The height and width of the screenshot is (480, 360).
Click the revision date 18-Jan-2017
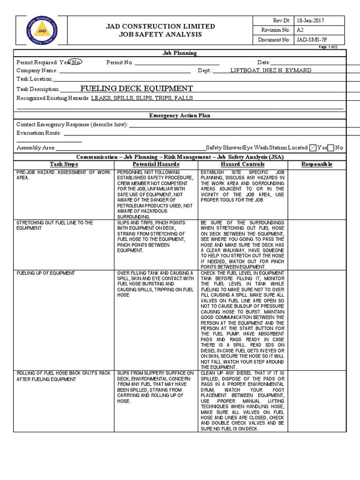coord(310,21)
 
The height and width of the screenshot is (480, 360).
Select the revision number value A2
coord(300,30)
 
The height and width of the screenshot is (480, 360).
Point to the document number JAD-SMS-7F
coord(313,40)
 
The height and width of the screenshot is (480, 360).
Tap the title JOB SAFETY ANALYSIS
coord(160,35)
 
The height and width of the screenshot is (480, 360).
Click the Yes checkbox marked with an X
coord(313,148)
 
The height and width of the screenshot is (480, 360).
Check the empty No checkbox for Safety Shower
coord(331,148)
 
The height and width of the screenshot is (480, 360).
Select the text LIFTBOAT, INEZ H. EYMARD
coord(270,70)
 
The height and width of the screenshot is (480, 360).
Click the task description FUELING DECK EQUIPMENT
coord(136,88)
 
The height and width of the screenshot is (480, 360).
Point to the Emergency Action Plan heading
coord(180,115)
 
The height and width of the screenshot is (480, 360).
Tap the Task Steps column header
coord(64,165)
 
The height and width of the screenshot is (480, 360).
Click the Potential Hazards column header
coord(156,165)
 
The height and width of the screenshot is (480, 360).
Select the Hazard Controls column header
coord(242,165)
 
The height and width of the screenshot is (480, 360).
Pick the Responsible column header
coord(317,165)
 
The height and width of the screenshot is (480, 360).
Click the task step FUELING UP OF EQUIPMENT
coord(45,273)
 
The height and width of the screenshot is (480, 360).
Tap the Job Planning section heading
coord(180,53)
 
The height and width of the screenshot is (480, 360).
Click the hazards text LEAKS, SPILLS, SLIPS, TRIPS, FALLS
coord(142,98)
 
